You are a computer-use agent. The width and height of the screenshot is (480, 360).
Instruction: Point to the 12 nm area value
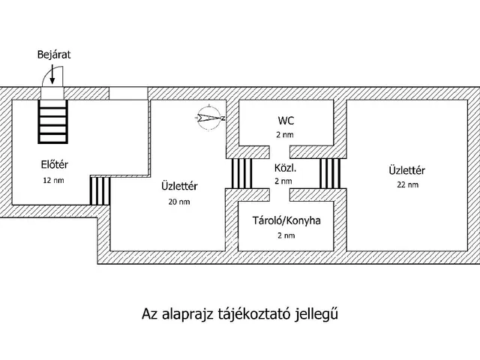52,181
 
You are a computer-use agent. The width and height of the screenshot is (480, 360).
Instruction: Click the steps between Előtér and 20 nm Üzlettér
100,190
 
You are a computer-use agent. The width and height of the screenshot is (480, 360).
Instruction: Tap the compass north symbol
208,118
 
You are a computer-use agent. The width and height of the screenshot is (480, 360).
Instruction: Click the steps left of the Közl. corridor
241,172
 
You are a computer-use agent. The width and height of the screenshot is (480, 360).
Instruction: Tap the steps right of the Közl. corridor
330,172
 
